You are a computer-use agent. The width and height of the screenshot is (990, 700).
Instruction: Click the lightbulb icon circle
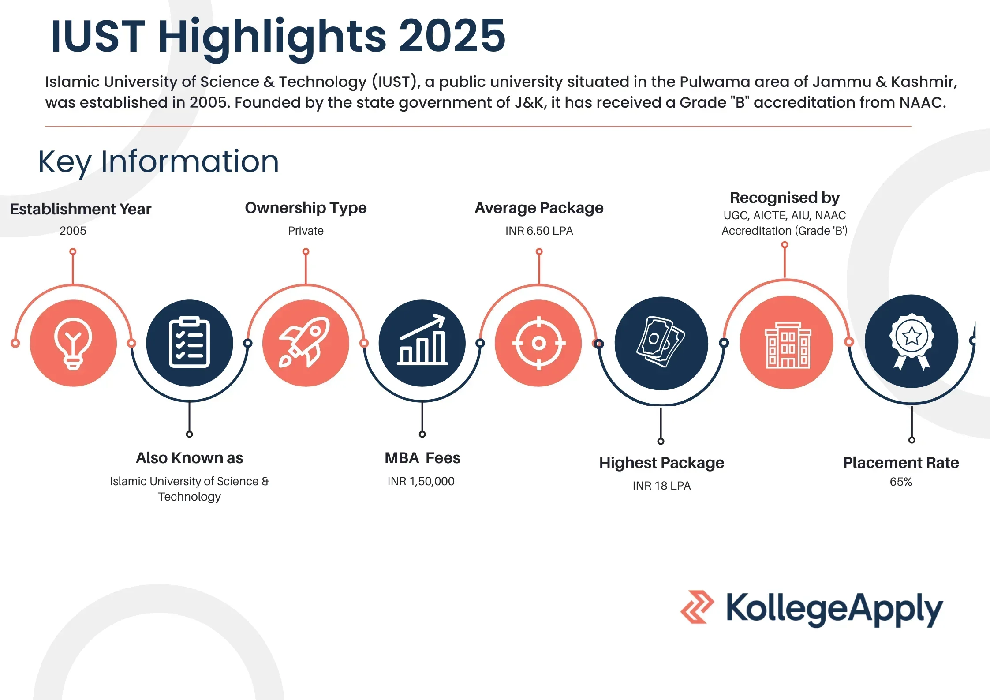pos(73,343)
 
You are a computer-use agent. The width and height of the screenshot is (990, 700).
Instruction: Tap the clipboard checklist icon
pos(190,343)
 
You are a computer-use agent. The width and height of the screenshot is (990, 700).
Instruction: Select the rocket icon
pos(304,342)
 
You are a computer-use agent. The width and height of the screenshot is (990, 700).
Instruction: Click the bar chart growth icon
pos(422,340)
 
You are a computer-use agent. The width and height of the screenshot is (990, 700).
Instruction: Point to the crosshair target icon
pos(539,343)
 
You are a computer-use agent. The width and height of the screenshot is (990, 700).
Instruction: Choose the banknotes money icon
pos(661,342)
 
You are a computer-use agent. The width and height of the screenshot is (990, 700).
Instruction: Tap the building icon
pos(788,345)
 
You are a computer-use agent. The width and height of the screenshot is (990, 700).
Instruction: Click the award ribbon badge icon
pos(912,341)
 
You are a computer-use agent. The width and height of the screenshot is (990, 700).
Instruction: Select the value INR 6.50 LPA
pos(539,231)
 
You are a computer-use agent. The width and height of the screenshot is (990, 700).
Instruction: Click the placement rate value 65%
pos(900,482)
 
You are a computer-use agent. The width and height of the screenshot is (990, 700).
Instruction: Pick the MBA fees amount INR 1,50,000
pos(421,481)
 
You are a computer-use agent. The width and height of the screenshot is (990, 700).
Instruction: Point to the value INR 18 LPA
pos(661,486)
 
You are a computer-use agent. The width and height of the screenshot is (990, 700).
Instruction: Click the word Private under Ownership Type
pos(306,231)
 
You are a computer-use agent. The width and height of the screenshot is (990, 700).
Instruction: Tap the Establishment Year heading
pos(81,209)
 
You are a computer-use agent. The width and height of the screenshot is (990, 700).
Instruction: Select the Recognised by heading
pos(785,198)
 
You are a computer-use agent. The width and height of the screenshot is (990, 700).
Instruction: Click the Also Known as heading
pos(190,458)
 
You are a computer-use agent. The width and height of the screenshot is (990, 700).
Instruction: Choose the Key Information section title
pos(158,162)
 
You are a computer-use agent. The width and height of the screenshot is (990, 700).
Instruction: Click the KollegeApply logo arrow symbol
pos(697,607)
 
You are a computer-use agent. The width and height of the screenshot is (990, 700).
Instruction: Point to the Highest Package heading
pos(661,463)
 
